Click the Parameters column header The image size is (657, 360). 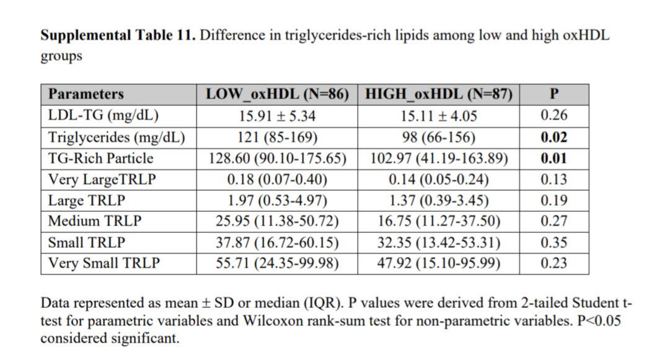86,94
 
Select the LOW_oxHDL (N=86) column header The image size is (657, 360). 277,94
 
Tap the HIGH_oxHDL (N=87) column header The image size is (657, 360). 439,94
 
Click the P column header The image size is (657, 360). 554,94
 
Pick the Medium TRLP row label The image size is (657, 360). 95,221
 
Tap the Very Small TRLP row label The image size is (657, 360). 104,263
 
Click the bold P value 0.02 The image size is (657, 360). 554,137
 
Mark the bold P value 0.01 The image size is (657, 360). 554,158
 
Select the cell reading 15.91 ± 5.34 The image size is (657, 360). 277,115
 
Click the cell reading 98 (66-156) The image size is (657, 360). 439,137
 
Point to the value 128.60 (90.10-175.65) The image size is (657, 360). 277,158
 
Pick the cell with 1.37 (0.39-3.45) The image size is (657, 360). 439,200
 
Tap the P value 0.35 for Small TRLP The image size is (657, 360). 554,242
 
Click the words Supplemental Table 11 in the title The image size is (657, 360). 118,35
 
